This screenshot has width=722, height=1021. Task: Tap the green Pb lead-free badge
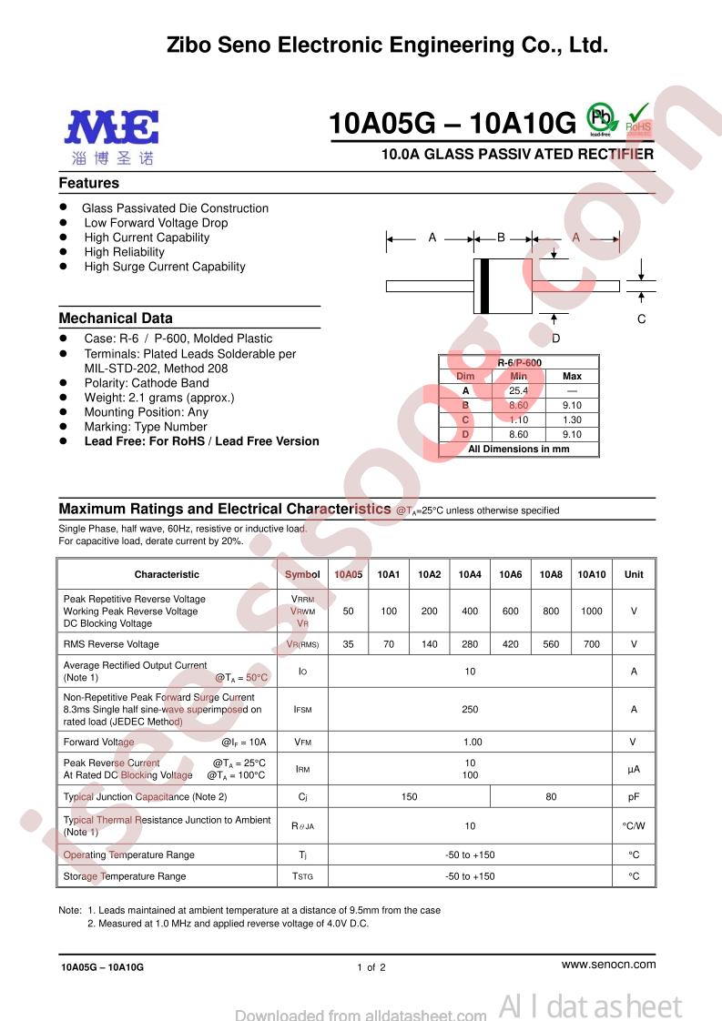point(600,117)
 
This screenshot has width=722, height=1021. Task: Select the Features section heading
point(89,183)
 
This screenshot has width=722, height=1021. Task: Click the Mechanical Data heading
point(116,318)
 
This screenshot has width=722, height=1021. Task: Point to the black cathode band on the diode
point(484,286)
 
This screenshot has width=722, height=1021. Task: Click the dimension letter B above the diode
point(501,238)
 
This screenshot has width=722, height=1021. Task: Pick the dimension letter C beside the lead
point(641,318)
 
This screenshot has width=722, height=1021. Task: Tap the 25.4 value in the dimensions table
point(519,390)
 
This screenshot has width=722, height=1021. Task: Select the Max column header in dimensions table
point(572,376)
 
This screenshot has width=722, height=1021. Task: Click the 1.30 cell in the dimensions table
point(572,420)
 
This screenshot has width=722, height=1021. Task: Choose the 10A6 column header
point(510,574)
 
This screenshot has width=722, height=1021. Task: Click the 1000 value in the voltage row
point(591,612)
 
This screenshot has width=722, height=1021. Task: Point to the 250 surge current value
point(470,709)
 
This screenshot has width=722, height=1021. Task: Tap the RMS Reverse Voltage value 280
point(470,644)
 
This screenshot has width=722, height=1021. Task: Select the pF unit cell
point(634,796)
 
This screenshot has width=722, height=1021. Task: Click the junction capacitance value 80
point(551,796)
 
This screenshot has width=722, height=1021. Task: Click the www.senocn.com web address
point(608,964)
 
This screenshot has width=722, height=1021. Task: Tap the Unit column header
point(634,574)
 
